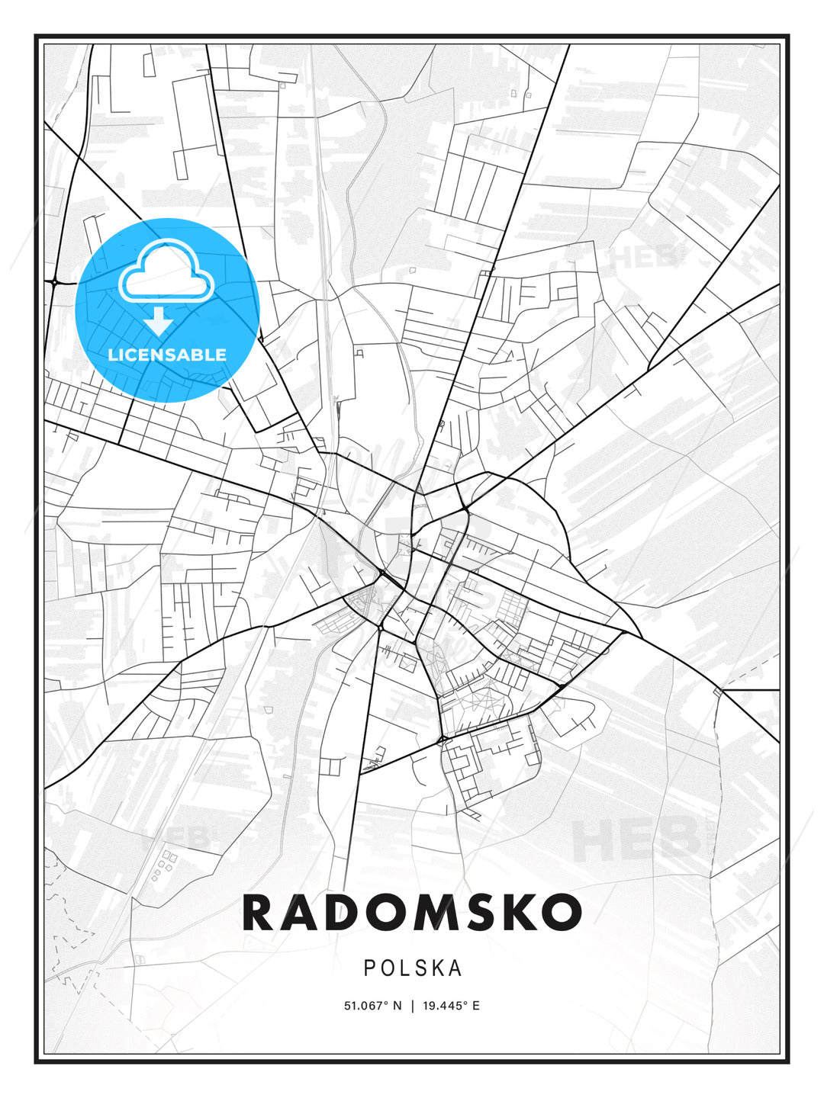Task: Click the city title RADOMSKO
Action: [x=412, y=913]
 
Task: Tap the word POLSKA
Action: [x=413, y=968]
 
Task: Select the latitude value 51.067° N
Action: [x=372, y=1006]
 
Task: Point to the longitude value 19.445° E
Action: [x=449, y=1006]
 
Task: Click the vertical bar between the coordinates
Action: [x=412, y=1006]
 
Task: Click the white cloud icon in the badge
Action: [x=166, y=271]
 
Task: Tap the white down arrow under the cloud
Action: [x=159, y=321]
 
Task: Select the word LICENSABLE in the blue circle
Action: [x=167, y=355]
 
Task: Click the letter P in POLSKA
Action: [x=370, y=968]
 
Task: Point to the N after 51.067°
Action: [x=397, y=1006]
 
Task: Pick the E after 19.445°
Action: [x=476, y=1006]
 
